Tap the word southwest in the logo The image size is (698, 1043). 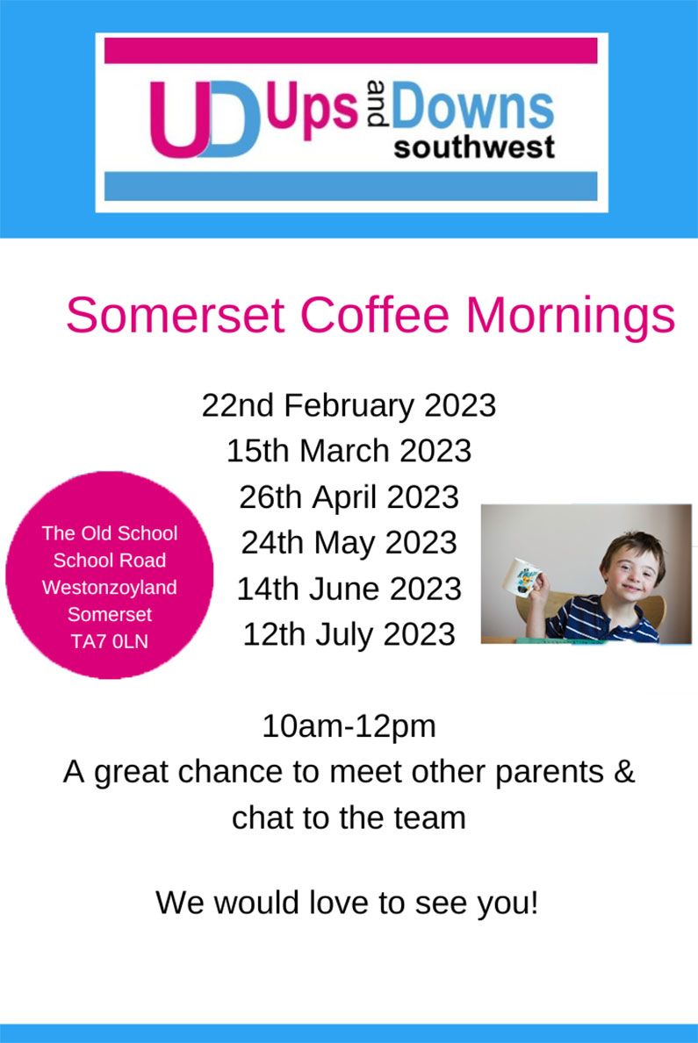tap(474, 147)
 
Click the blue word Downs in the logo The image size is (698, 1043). tap(472, 106)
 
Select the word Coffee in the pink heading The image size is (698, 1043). tap(374, 315)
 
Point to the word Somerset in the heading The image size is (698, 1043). tap(176, 315)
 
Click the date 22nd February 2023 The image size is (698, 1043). tap(349, 406)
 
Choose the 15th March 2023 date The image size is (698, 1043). tap(349, 451)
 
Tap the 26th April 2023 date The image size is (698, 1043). tap(349, 496)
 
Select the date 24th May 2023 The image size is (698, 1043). tap(349, 543)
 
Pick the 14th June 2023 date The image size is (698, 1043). tap(349, 589)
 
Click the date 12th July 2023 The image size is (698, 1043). tap(349, 634)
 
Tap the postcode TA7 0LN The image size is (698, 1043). tap(109, 642)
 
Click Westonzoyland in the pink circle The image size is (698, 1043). tap(109, 588)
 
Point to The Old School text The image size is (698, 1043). tap(109, 533)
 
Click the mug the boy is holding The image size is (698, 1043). tap(522, 576)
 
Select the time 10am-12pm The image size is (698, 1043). tap(349, 726)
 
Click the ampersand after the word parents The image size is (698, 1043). tap(624, 772)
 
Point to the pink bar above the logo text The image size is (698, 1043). tap(351, 51)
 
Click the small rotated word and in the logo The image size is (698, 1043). tap(377, 104)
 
